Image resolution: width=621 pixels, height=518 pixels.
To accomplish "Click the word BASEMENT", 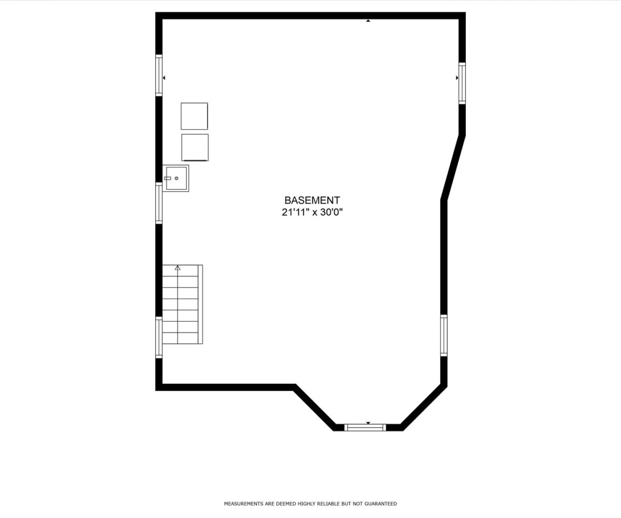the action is tap(312, 200).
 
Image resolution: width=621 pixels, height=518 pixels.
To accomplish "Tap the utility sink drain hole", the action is tap(176, 178).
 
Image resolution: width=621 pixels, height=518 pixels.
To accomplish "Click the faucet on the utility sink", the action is tap(168, 178).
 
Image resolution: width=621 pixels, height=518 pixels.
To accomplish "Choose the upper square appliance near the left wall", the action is tap(195, 116).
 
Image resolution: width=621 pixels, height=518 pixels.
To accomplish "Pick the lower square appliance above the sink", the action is tap(195, 147).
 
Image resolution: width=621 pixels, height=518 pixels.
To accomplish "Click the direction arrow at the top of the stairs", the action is tap(178, 268).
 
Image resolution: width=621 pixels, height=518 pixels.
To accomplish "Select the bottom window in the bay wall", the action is tap(365, 427).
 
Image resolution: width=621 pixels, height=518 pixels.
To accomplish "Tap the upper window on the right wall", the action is tap(462, 83).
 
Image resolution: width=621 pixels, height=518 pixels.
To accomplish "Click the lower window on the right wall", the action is tap(443, 336).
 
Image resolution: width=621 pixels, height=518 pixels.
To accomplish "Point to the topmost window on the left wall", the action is tap(159, 75).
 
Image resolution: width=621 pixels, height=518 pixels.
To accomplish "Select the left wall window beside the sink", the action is tap(159, 203).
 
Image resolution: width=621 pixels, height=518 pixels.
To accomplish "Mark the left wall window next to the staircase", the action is tap(159, 337).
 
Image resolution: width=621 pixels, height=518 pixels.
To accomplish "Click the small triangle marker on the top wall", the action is tap(368, 21).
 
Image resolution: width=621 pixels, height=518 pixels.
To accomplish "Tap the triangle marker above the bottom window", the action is tap(368, 423).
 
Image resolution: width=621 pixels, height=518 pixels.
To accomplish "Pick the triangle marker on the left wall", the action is tap(164, 78).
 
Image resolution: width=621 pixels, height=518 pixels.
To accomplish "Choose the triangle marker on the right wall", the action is tap(457, 78).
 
